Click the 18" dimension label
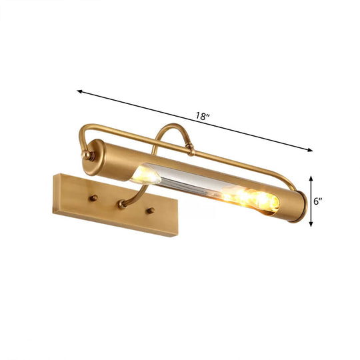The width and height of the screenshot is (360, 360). [203, 116]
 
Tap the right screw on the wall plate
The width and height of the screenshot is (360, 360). [151, 211]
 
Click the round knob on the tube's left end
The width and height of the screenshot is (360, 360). [85, 155]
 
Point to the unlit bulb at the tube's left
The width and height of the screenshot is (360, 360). [147, 176]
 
